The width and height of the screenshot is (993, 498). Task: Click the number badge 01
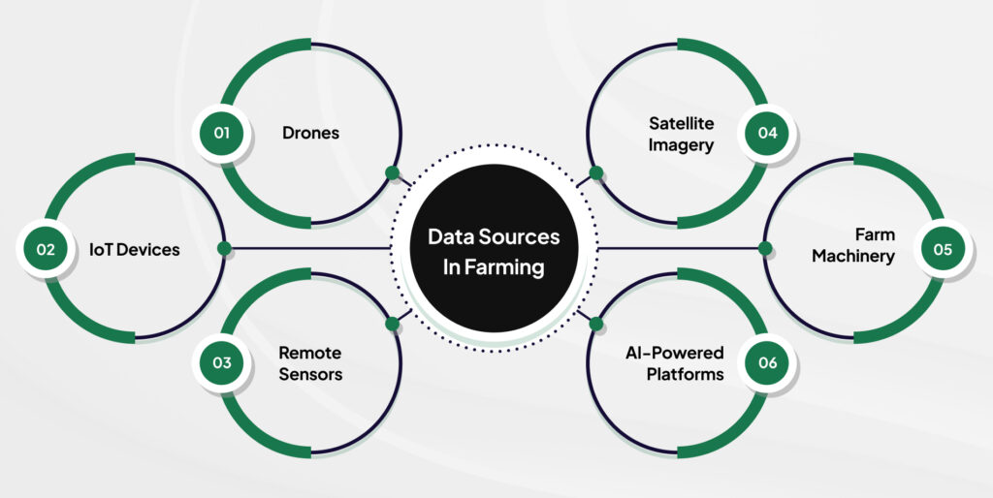click(222, 133)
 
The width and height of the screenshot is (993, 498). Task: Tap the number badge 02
click(46, 249)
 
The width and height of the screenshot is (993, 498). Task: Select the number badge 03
click(222, 363)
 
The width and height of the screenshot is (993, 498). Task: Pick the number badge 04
click(768, 133)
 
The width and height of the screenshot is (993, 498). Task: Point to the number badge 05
click(944, 249)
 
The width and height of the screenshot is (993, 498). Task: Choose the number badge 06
click(768, 363)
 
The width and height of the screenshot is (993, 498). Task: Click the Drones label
click(310, 133)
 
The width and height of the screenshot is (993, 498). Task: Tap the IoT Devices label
click(136, 250)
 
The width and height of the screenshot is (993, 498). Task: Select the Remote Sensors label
click(310, 363)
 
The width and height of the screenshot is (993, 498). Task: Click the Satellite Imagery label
click(682, 135)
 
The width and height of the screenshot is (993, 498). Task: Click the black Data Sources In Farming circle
click(495, 249)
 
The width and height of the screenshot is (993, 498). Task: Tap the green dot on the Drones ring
click(392, 174)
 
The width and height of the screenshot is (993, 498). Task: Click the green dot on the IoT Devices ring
click(224, 249)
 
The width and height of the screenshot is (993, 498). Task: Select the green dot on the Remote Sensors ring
click(392, 323)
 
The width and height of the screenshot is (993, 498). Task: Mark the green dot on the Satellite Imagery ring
click(596, 174)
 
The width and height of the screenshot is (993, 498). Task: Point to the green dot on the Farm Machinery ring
click(765, 249)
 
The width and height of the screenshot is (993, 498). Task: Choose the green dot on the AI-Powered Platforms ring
click(596, 323)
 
